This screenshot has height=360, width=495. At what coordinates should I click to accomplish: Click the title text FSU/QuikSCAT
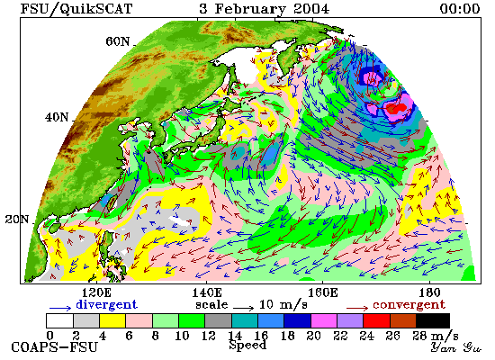coord(76,8)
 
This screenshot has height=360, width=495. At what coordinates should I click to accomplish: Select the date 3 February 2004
coord(264,8)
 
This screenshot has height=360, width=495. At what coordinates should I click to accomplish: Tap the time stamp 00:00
coord(460,8)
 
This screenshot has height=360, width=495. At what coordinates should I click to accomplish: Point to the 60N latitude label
coord(117,41)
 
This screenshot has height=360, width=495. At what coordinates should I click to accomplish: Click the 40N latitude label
coord(57,117)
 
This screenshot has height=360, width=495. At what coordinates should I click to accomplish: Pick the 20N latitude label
coord(17,220)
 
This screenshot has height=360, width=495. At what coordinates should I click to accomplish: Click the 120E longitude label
coord(95,292)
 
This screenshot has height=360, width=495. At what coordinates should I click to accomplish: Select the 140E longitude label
coord(207,292)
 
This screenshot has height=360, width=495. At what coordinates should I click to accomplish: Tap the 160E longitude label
coord(322,292)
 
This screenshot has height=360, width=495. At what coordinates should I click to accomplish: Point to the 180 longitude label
coord(429,292)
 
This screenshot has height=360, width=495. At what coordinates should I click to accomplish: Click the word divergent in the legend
coord(106,305)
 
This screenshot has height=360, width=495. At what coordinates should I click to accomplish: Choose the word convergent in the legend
coord(409,305)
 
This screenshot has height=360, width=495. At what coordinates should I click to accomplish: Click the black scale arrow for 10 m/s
coord(244,308)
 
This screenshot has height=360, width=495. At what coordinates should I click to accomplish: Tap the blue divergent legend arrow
coord(60,308)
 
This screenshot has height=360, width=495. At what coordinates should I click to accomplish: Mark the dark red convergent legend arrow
coord(357,308)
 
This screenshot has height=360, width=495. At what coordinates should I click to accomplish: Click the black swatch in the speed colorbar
coord(433,320)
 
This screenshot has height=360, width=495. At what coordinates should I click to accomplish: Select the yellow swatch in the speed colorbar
coord(112,320)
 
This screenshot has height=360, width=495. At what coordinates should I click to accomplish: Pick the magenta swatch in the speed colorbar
coord(324,320)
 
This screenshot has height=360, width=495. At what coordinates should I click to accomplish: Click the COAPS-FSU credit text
coord(55,347)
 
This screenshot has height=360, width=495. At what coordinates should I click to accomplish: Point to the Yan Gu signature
coord(456,347)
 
